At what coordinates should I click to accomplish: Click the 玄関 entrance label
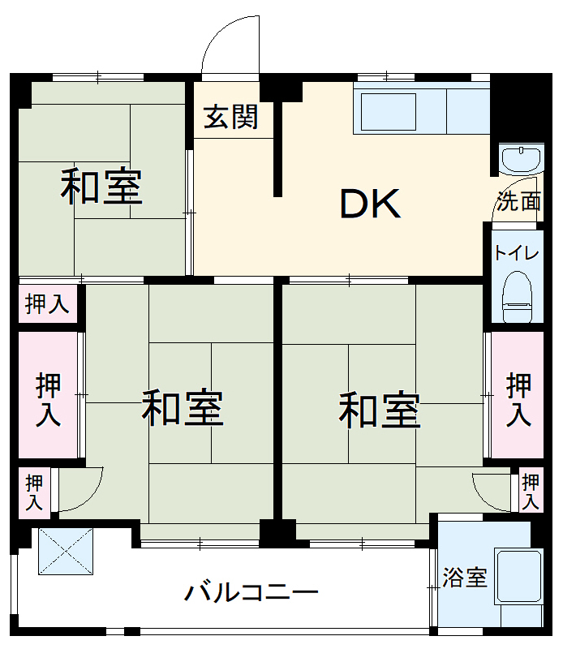230,118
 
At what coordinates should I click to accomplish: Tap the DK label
370,204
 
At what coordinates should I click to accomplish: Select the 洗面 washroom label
518,202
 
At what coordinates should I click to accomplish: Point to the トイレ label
516,252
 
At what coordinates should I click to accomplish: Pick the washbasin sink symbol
519,159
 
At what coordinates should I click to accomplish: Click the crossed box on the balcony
67,551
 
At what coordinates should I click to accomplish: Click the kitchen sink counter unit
421,111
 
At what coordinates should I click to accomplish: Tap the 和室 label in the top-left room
102,187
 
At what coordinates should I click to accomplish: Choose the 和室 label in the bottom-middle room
183,408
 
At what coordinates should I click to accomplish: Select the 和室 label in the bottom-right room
379,409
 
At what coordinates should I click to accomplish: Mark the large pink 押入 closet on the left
49,399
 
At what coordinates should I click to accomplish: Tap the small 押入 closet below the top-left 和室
48,304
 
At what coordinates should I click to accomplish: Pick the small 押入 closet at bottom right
531,491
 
